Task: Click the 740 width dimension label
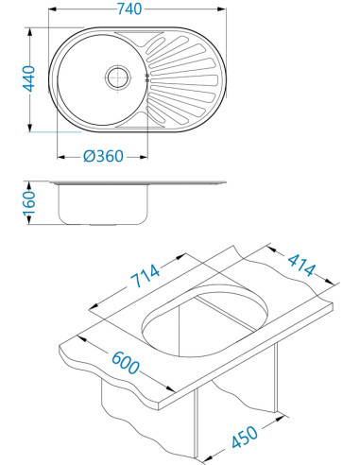tap(129, 9)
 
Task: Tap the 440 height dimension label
tap(28, 78)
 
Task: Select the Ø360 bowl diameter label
tap(103, 156)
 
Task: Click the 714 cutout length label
tap(146, 276)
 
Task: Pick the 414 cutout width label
tap(301, 265)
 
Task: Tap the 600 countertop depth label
tap(126, 363)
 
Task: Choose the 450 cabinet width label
tap(245, 437)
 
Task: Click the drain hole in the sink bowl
tap(118, 77)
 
